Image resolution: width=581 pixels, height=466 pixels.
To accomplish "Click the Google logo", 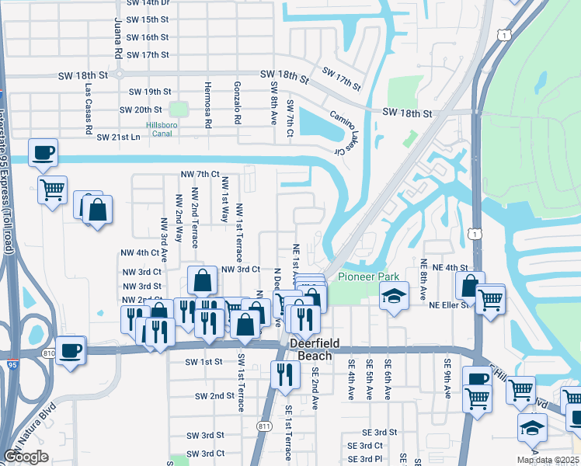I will [26, 457].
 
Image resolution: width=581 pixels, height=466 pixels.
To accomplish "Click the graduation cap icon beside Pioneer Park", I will [395, 296].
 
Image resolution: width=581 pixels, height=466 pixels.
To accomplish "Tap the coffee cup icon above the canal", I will [43, 152].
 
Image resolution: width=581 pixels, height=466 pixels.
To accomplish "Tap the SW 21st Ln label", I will [118, 137].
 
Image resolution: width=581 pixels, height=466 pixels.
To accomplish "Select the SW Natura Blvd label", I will [32, 427].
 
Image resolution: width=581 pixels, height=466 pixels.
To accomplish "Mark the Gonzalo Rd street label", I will [238, 102].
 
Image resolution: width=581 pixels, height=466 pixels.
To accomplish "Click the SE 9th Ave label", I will [447, 378].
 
